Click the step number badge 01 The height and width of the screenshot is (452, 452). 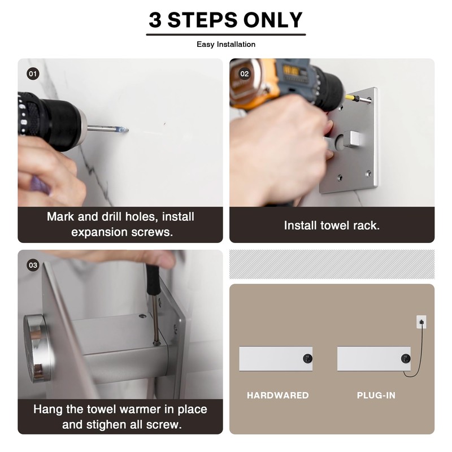(33, 74)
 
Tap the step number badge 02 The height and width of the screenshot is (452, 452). (245, 74)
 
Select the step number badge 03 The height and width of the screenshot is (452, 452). (33, 265)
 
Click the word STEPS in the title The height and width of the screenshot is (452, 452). (202, 20)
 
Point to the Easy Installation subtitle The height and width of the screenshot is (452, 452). (226, 45)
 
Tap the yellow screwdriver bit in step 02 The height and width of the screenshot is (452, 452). (351, 98)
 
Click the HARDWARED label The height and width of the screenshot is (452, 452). (277, 395)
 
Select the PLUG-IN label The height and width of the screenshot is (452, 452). (376, 395)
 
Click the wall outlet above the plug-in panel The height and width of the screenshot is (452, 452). (421, 322)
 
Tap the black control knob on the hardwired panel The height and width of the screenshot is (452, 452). (307, 358)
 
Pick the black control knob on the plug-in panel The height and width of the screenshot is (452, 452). (406, 359)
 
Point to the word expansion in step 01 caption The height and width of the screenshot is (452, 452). (99, 232)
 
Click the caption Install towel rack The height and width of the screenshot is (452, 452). (332, 225)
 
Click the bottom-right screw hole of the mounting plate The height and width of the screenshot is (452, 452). (368, 173)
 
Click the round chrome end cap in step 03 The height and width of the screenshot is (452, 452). (36, 349)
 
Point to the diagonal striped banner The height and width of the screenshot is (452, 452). (332, 264)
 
